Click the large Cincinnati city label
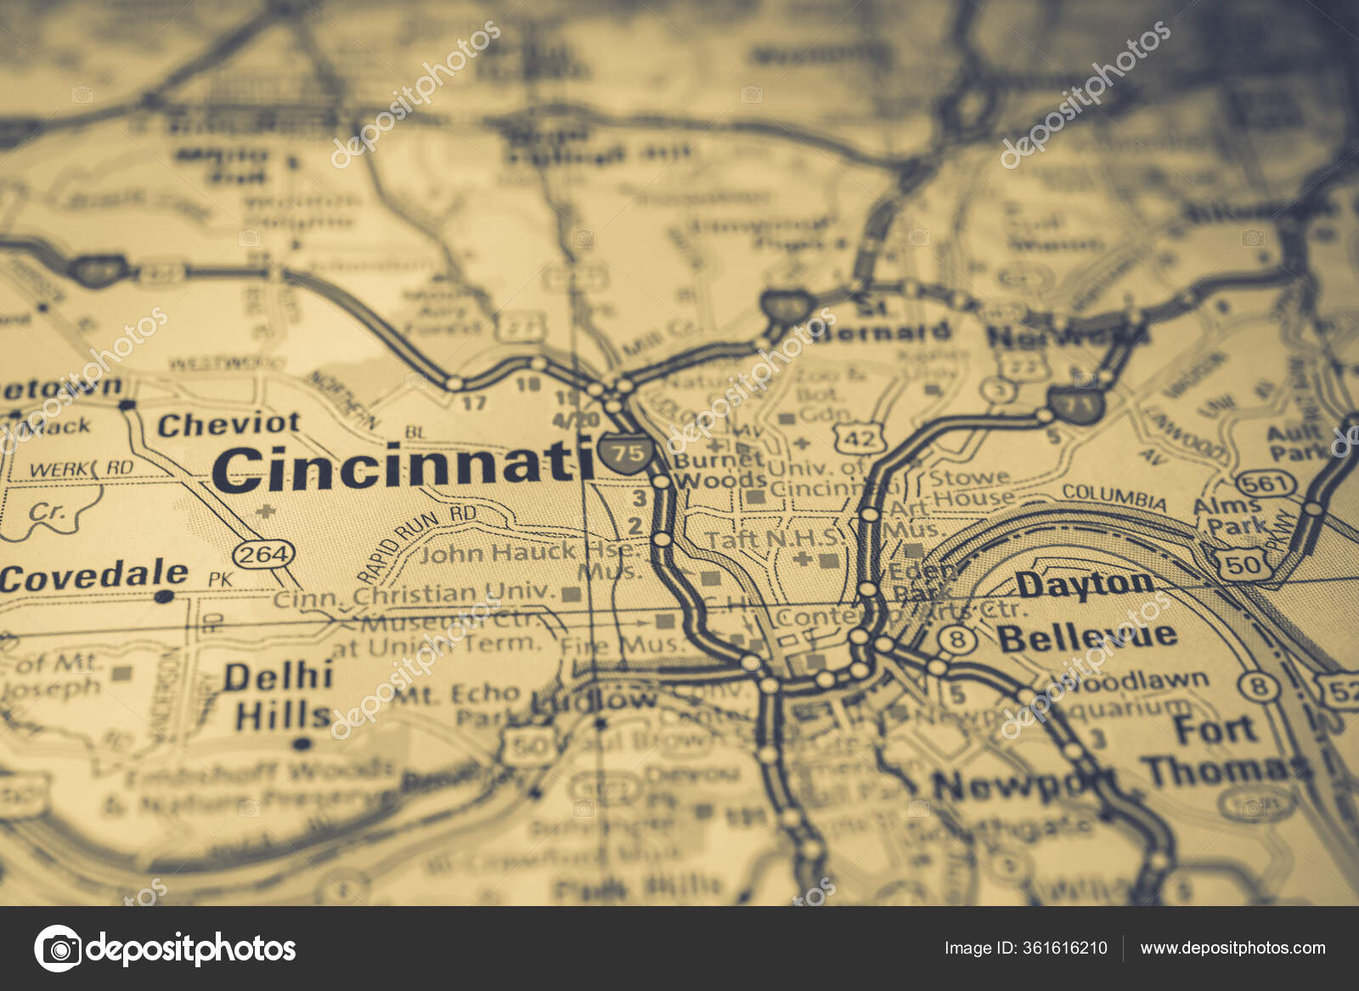(403, 466)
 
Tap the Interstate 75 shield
(628, 452)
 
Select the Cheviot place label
(228, 424)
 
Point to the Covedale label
(93, 577)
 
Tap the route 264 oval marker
(264, 555)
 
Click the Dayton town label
(1085, 584)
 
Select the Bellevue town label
(1087, 637)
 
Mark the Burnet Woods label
(719, 470)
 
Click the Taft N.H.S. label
(775, 538)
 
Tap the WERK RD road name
(81, 469)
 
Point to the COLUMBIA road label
(1114, 496)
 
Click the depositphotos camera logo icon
(58, 948)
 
